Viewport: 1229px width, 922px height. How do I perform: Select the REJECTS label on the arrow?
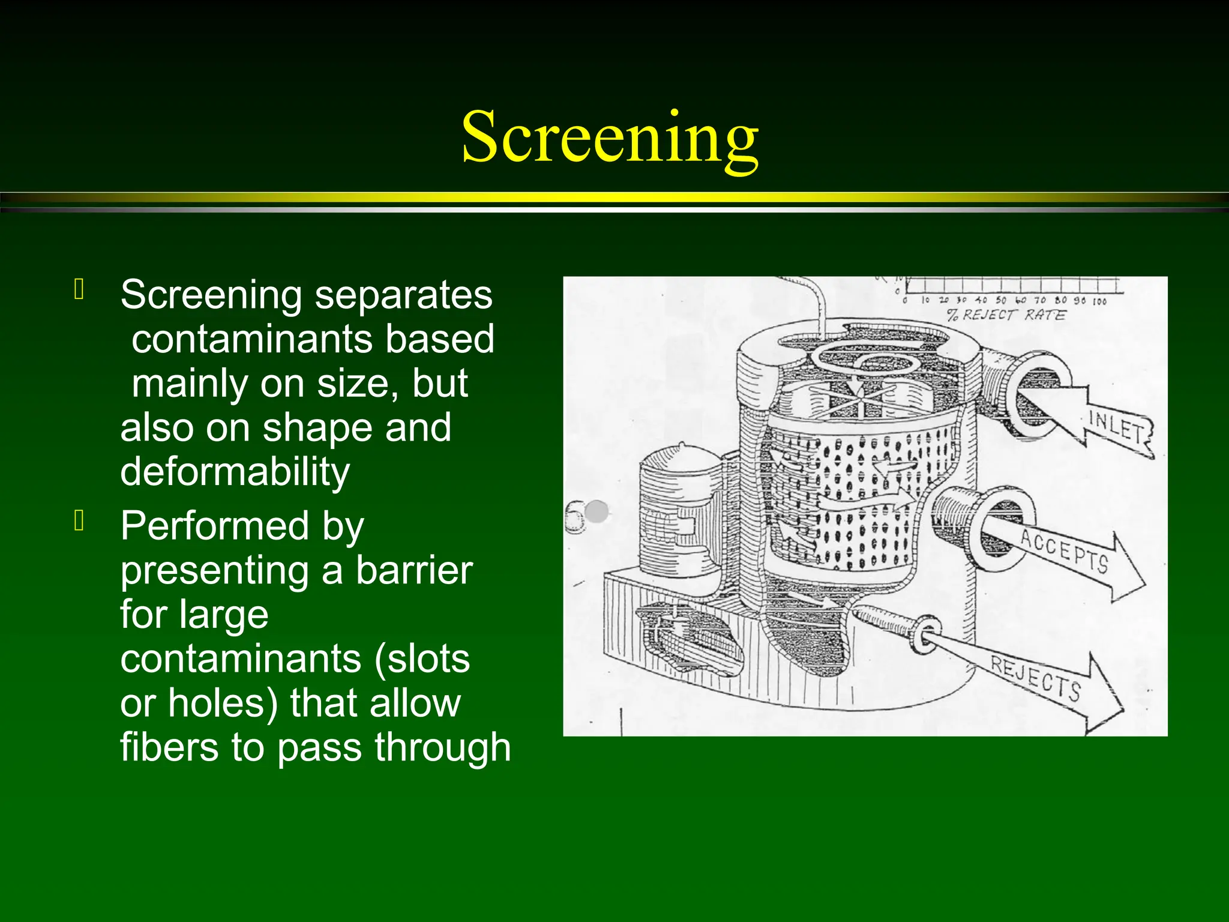1036,678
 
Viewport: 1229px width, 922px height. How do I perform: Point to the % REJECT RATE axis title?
1006,315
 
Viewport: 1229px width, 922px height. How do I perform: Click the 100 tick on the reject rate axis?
1099,301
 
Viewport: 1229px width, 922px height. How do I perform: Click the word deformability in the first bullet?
235,472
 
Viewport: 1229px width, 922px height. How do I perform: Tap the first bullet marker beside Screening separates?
79,289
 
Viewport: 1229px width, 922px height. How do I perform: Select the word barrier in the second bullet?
414,570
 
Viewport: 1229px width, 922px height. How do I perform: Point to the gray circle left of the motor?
596,512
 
